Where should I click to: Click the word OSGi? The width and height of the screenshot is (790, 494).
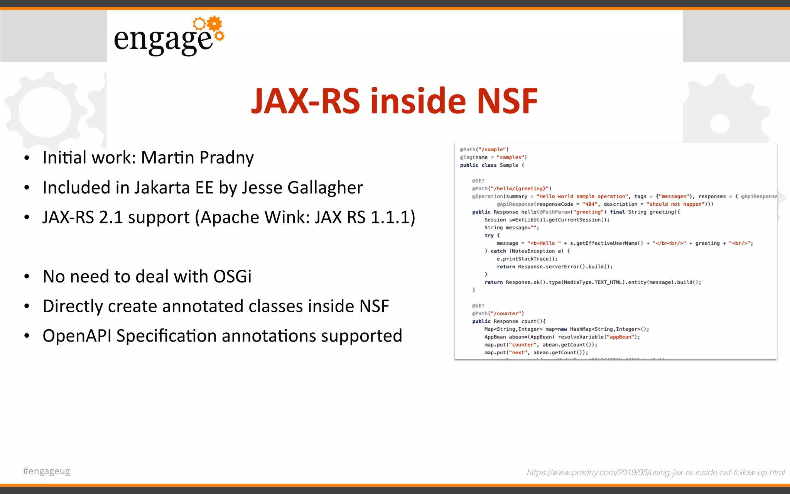(232, 276)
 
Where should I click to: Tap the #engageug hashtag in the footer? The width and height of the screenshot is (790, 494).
(47, 471)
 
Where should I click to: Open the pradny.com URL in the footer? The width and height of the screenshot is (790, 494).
(655, 472)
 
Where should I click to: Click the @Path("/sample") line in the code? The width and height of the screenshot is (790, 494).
(484, 149)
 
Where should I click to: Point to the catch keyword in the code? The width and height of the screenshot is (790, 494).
(498, 251)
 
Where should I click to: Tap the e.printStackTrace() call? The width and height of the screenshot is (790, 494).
(527, 259)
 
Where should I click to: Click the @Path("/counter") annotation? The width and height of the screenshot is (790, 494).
(498, 313)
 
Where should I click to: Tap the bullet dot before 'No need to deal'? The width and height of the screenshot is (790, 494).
(27, 277)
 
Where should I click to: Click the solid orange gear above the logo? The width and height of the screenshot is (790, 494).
(214, 24)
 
